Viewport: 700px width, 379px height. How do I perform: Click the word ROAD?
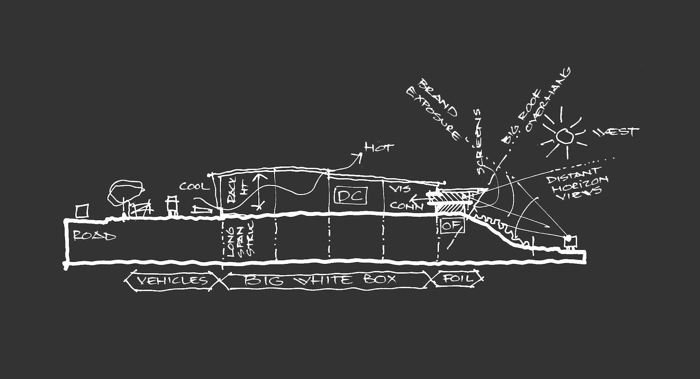94,236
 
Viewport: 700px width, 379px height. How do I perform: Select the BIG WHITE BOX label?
321,280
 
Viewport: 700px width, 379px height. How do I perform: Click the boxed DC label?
350,196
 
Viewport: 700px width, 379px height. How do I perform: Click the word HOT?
379,148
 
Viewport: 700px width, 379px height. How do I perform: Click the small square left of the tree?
82,211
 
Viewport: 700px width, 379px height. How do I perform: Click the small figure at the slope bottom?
569,241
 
